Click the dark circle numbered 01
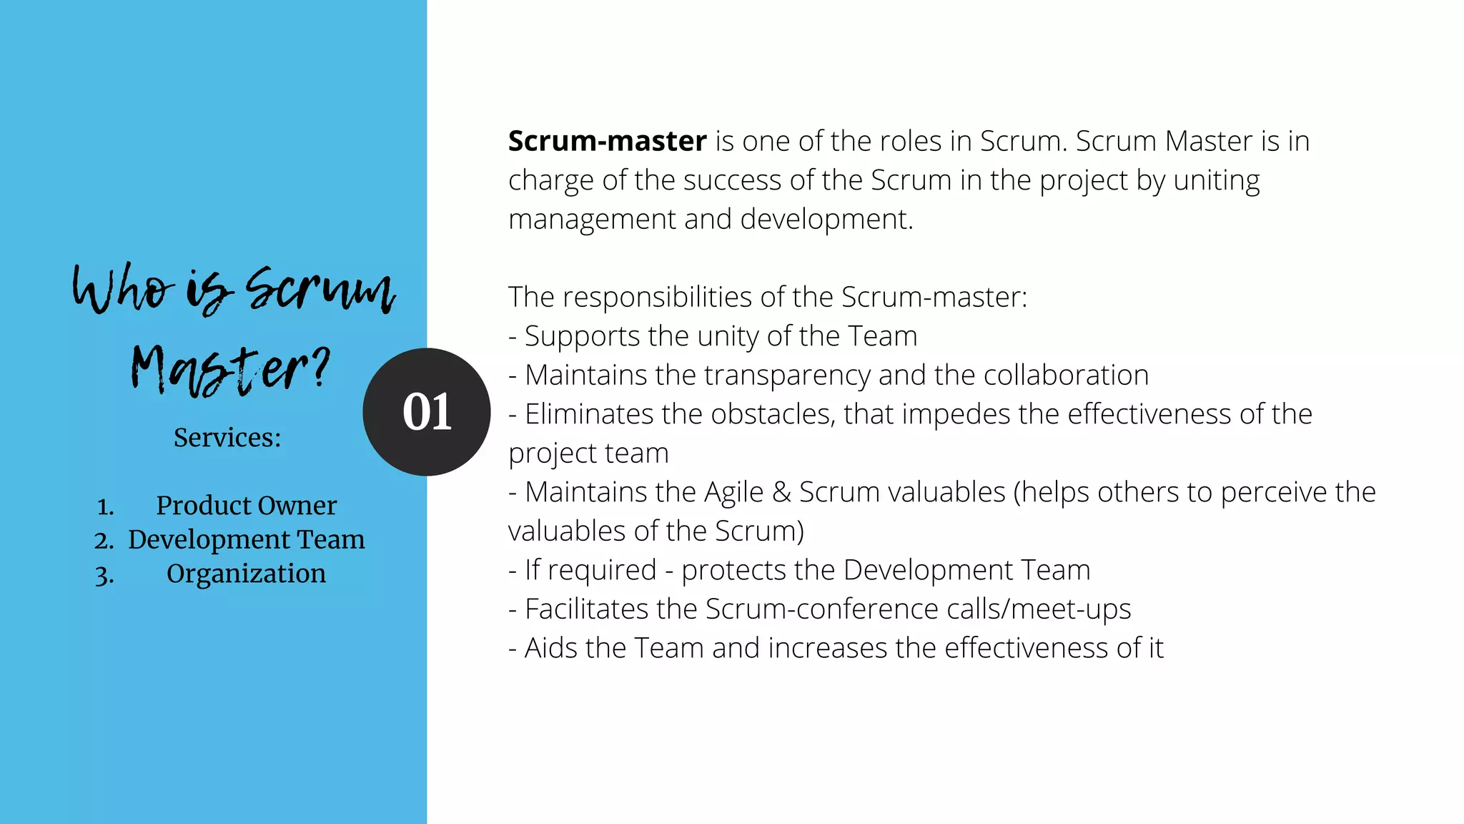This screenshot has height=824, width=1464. [x=427, y=412]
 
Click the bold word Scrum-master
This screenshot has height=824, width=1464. [x=607, y=141]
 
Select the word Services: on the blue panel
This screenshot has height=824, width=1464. [x=227, y=437]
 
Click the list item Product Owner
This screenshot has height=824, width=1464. [x=246, y=506]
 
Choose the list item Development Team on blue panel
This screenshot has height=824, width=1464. [x=246, y=539]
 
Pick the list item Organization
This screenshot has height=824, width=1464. [x=246, y=574]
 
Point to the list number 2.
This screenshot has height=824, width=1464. [x=104, y=541]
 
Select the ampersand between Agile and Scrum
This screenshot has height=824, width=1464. [x=781, y=492]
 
